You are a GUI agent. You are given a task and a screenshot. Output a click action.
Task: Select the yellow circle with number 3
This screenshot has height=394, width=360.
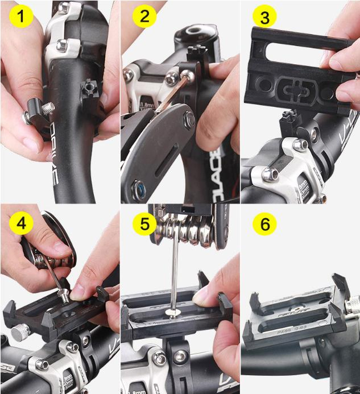point(264,17)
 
